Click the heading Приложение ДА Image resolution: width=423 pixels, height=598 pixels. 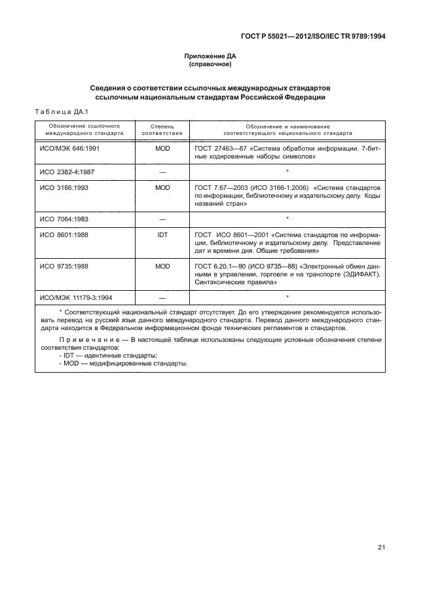[x=211, y=57]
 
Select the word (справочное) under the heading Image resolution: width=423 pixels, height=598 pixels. [x=211, y=65]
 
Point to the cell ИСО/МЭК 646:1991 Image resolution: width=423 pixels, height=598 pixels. [x=70, y=149]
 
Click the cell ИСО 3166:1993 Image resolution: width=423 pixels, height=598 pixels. [x=63, y=187]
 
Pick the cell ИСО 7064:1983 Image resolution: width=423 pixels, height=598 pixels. [x=63, y=218]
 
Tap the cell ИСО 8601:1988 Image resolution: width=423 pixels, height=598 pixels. [x=63, y=234]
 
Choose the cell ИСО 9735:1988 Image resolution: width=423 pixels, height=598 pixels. [x=63, y=266]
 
